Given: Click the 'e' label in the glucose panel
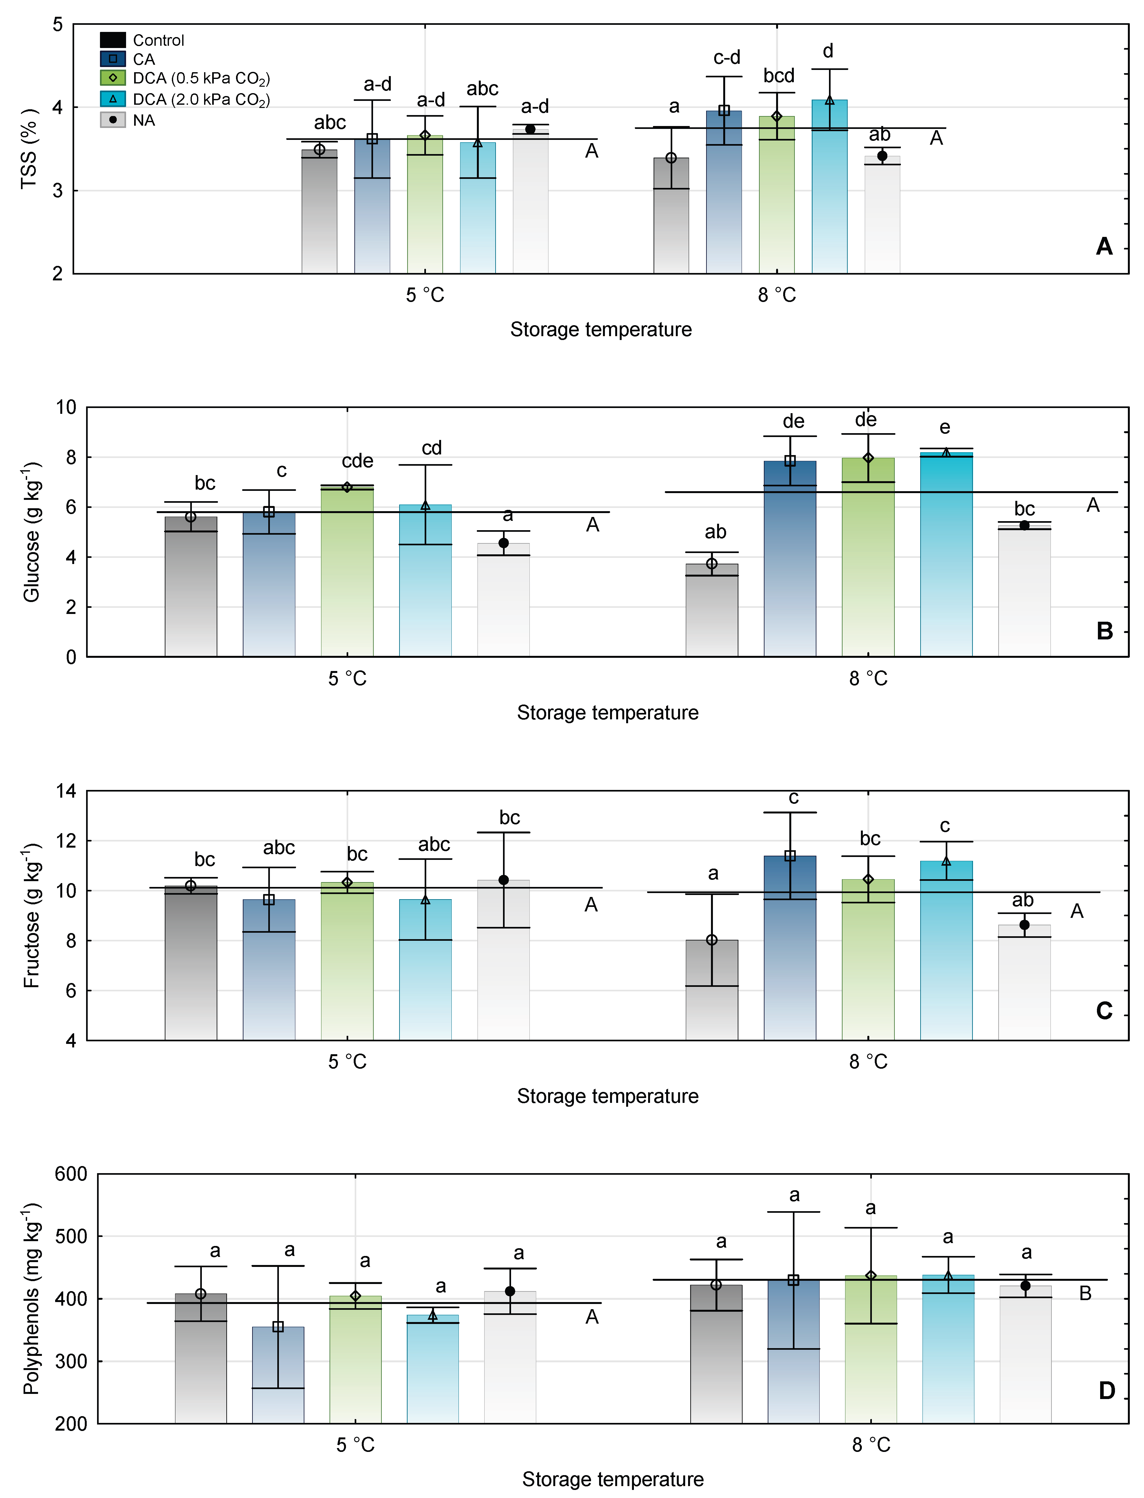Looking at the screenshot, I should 944,427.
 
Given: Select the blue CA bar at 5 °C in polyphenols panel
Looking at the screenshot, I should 278,1382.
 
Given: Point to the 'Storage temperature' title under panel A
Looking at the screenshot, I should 601,329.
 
